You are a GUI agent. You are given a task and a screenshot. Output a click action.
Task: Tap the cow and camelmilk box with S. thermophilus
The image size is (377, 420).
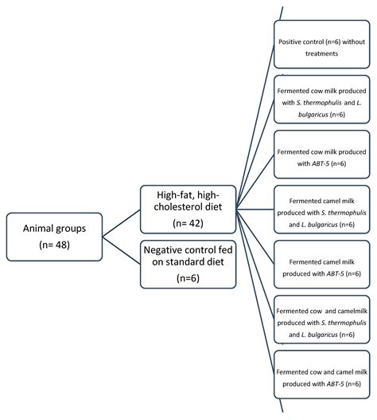(x=323, y=327)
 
